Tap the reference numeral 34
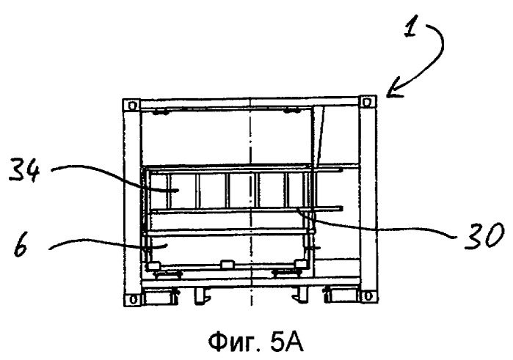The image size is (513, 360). pos(24,169)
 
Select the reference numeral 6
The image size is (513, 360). pos(21,247)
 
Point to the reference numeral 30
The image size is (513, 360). pos(484,235)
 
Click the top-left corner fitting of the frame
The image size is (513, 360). pos(131,106)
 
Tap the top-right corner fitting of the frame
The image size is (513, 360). pos(368,102)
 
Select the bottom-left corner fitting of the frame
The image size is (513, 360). pos(133,299)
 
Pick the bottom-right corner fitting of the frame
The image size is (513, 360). pos(368,296)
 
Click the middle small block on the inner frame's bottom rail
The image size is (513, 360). pos(226,264)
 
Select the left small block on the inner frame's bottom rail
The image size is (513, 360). pos(153,265)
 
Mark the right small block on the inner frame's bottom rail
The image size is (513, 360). pos(300,263)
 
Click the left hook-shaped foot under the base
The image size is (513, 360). pos(200,295)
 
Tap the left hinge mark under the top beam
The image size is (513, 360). pos(161,113)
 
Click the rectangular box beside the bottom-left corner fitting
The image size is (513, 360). pos(157,295)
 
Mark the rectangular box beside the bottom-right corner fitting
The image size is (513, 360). pos(343,294)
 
